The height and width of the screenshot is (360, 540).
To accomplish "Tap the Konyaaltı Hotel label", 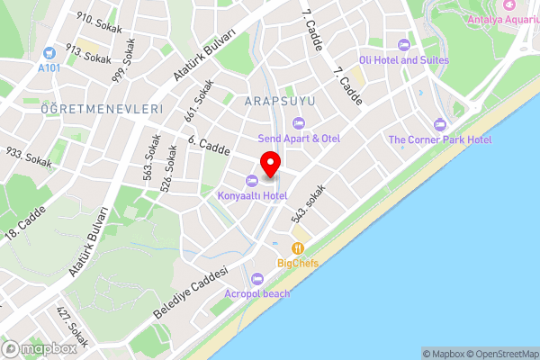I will (251, 195).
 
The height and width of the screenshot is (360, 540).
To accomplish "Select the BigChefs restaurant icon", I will (297, 249).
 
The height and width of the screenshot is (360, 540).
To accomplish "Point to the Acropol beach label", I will (258, 293).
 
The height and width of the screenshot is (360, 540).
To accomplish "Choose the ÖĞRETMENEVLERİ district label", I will (102, 108).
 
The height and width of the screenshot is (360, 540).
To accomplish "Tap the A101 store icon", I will (48, 54).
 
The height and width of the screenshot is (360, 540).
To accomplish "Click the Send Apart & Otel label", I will (299, 139).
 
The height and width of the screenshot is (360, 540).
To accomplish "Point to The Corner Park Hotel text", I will (439, 139).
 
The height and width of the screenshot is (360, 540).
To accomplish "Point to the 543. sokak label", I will (307, 204).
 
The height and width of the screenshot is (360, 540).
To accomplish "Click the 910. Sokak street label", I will (99, 22).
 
